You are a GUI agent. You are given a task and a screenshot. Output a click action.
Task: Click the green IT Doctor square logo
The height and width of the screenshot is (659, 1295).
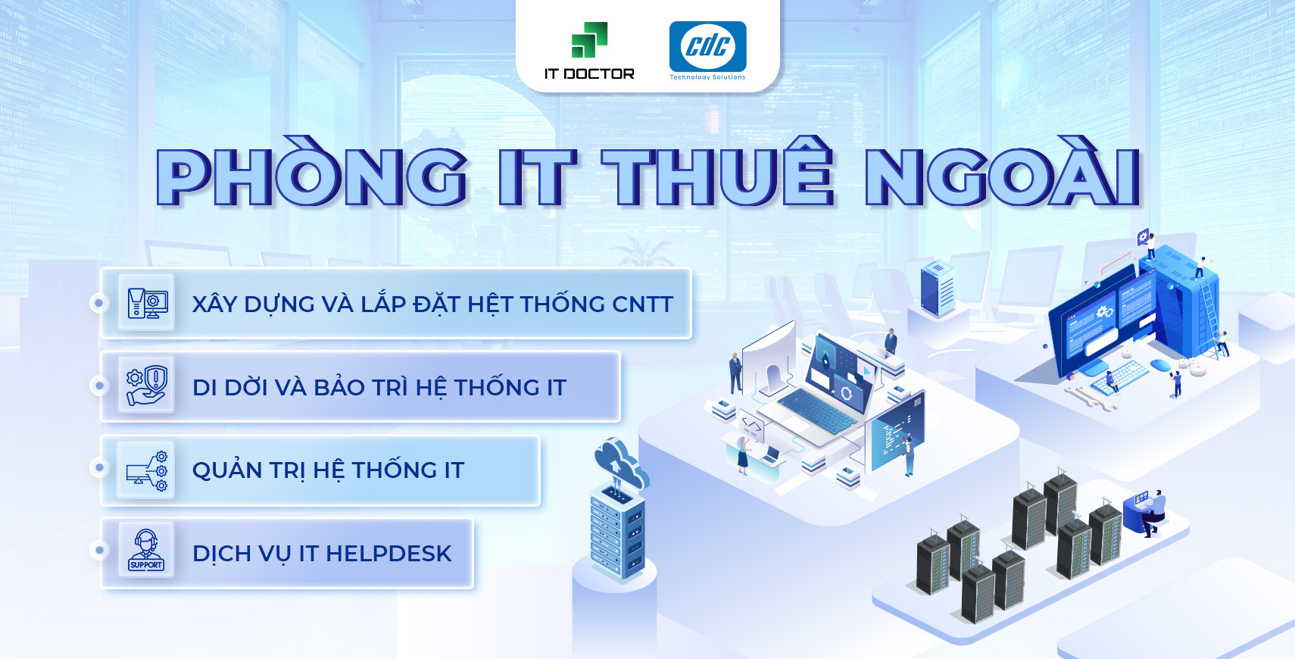589,40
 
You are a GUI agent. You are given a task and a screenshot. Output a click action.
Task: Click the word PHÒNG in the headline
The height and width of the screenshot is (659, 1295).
311,172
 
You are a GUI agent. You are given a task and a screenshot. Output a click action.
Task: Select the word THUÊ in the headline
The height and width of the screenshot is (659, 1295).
718,171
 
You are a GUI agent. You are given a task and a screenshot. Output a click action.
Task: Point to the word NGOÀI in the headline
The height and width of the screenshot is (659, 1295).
1002,171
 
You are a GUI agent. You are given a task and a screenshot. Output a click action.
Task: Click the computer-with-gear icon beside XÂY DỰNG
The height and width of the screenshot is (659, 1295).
147,303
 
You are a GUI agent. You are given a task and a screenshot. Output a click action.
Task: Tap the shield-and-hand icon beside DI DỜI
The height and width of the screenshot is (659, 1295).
147,385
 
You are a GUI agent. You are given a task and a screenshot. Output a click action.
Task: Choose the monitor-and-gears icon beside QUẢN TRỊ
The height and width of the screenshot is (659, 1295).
147,470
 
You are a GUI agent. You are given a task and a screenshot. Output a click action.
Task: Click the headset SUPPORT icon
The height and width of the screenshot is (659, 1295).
145,551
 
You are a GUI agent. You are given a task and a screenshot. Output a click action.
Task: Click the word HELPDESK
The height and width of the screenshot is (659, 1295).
388,554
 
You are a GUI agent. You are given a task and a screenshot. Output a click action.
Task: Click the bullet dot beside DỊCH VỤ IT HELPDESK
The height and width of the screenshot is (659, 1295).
99,551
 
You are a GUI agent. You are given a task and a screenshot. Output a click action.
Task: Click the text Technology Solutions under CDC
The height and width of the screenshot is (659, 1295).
707,77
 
